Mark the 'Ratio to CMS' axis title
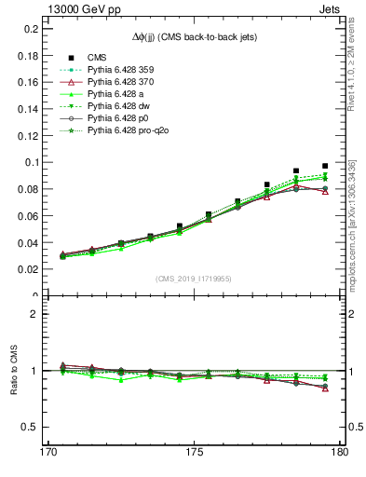tap(14, 371)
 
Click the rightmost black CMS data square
tap(325, 166)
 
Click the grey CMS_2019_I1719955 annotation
tap(193, 278)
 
